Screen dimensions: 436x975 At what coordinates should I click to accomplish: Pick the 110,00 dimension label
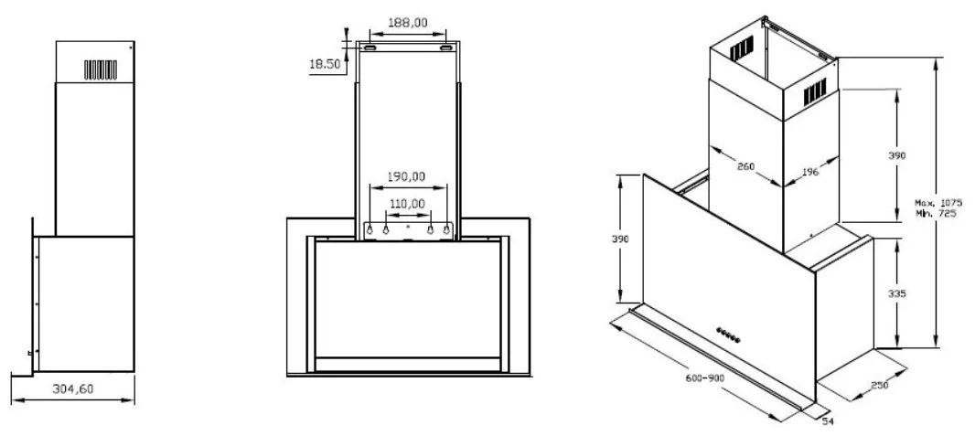click(408, 202)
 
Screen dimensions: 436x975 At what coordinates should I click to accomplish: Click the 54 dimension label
click(829, 422)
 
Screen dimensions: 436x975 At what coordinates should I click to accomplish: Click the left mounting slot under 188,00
click(371, 46)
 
